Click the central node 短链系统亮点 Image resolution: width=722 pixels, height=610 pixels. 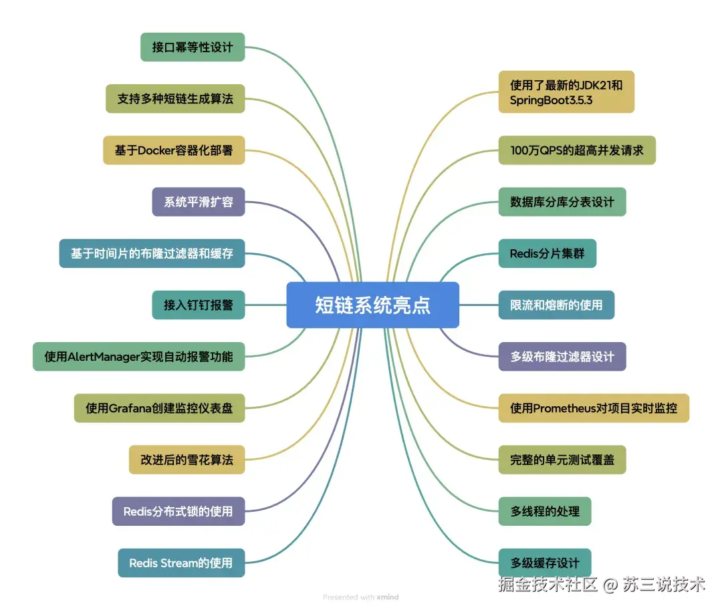372,305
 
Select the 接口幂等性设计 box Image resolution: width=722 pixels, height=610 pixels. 193,47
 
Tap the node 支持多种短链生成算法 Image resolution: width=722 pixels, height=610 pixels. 175,98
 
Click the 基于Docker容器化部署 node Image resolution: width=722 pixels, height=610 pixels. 174,150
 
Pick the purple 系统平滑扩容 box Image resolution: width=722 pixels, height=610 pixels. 199,202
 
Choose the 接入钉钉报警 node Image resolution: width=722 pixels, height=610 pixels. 199,305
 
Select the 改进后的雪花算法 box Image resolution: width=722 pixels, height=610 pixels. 187,460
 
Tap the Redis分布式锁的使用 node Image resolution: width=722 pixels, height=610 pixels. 178,511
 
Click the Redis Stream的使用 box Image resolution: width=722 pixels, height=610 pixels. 180,563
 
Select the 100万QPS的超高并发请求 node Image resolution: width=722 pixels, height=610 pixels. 576,150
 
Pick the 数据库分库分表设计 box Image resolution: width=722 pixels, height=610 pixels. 562,202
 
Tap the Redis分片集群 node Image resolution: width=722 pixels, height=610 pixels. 547,253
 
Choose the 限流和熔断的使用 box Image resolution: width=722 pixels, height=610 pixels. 556,305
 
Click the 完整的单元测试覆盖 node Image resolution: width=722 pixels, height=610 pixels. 562,460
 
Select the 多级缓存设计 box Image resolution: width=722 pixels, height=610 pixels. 544,563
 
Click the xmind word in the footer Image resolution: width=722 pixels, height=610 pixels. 388,597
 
